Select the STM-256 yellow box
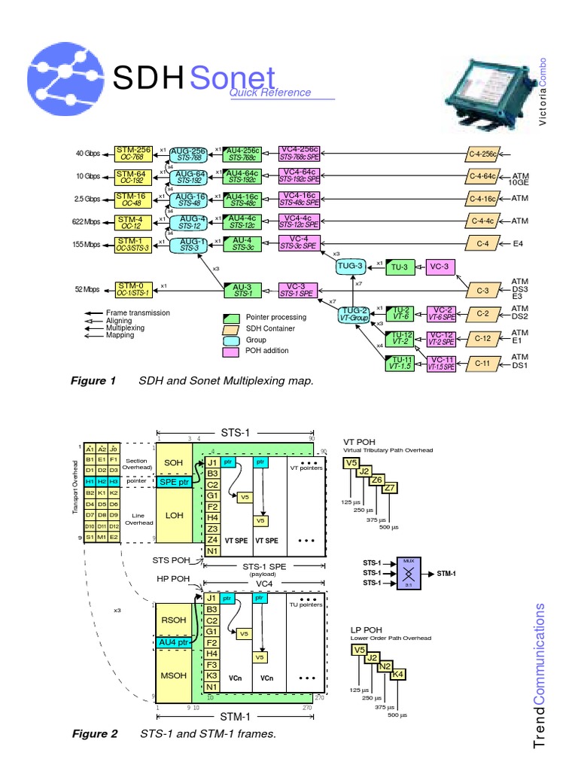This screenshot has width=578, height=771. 132,153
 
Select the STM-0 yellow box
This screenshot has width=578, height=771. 132,289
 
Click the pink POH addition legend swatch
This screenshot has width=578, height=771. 231,351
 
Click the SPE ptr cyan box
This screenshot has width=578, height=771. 174,481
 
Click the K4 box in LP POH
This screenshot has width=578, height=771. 397,675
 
